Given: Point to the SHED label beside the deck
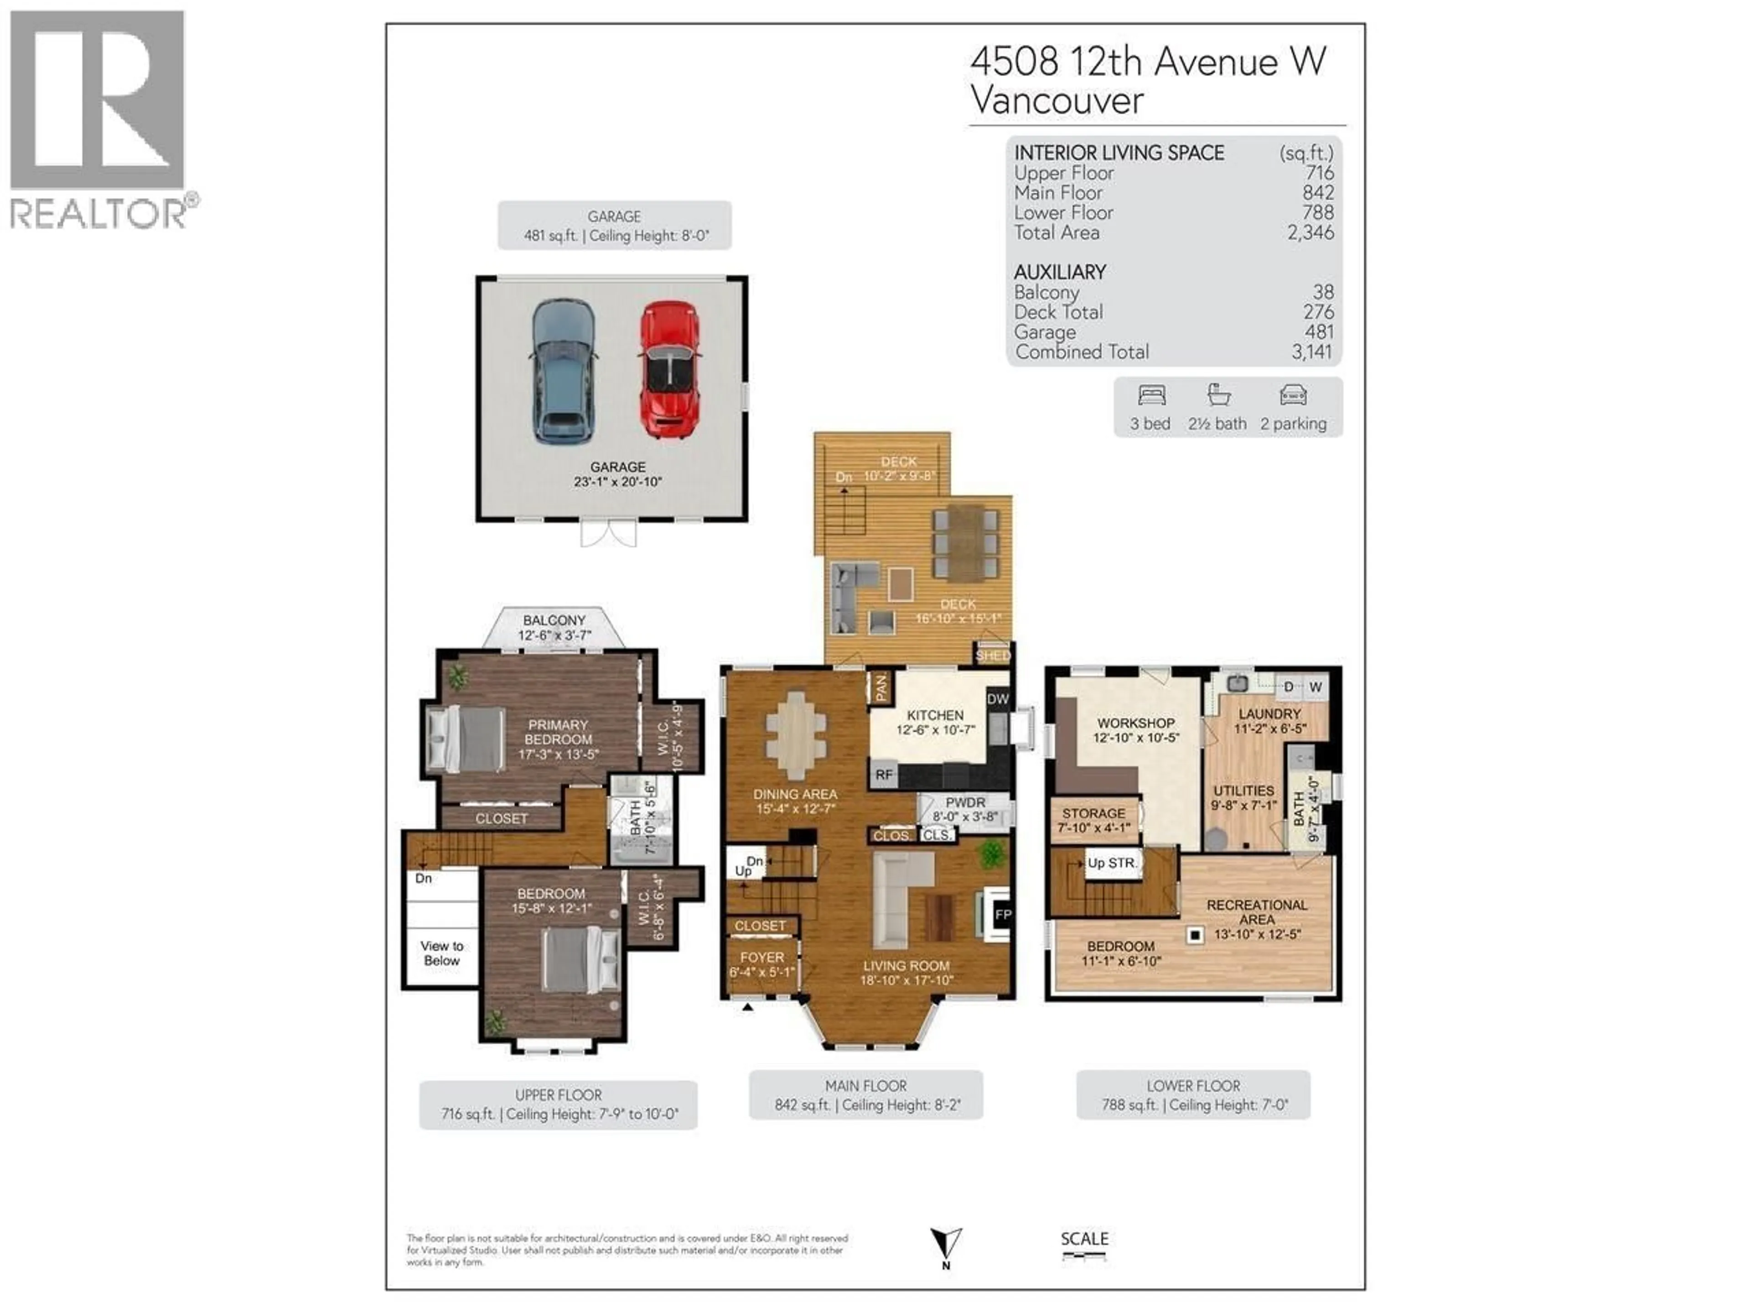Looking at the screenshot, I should click(x=993, y=655).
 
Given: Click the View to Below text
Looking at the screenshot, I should click(x=442, y=953).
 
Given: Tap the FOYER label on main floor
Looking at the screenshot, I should click(x=762, y=957).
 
